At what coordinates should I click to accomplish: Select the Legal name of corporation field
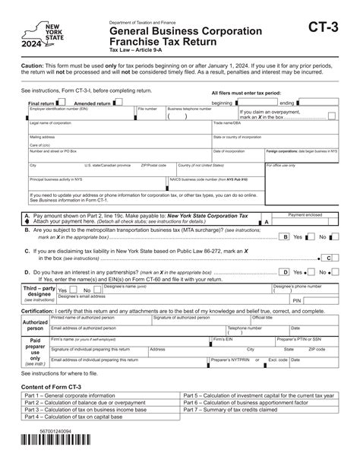coord(118,127)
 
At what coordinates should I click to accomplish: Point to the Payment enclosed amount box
coord(312,223)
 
